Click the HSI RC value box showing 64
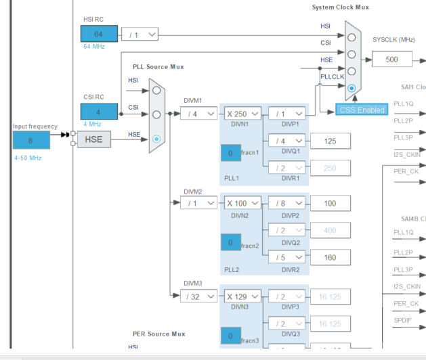pyautogui.click(x=98, y=35)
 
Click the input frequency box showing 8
pyautogui.click(x=30, y=140)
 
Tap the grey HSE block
pyautogui.click(x=93, y=140)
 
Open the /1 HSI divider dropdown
pyautogui.click(x=140, y=35)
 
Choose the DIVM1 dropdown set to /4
pyautogui.click(x=198, y=114)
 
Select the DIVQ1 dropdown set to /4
pyautogui.click(x=286, y=141)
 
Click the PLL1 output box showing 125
pyautogui.click(x=331, y=141)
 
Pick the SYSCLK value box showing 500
pyautogui.click(x=391, y=59)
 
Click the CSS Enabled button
pyautogui.click(x=362, y=110)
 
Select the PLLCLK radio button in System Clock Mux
pyautogui.click(x=352, y=89)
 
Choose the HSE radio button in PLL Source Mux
pyautogui.click(x=156, y=139)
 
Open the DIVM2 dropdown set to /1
pyautogui.click(x=198, y=203)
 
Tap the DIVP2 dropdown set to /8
pyautogui.click(x=286, y=203)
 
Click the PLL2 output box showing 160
pyautogui.click(x=331, y=257)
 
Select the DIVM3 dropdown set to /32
pyautogui.click(x=198, y=296)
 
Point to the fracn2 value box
pyautogui.click(x=230, y=243)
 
